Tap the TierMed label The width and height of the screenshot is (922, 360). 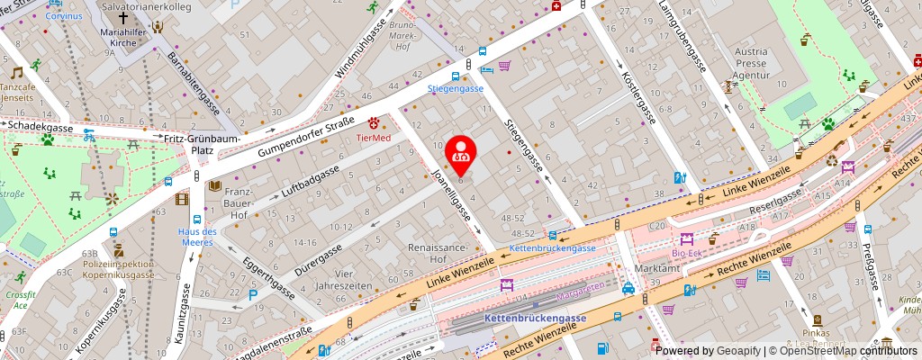pos(374,138)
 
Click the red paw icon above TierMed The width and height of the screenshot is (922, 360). pos(373,122)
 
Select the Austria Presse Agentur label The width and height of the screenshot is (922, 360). pos(751,65)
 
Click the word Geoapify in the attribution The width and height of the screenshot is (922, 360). pos(737,351)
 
